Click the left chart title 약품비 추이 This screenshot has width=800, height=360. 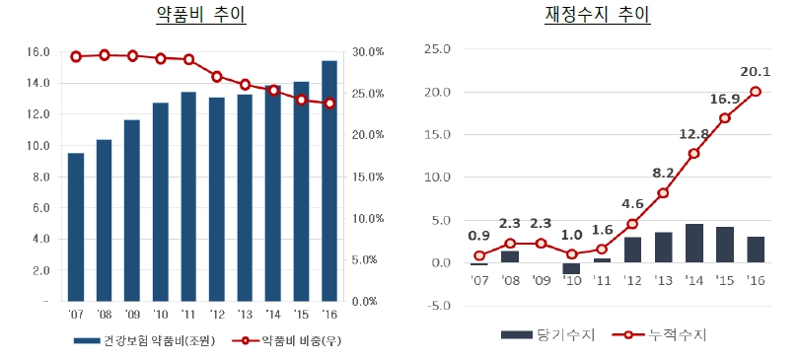tap(201, 15)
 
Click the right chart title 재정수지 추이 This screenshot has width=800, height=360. tap(597, 15)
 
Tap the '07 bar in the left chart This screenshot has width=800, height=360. tap(75, 227)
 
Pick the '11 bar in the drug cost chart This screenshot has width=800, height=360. tap(188, 196)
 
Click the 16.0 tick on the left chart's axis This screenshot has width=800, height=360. tap(36, 51)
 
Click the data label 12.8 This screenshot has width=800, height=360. tap(693, 133)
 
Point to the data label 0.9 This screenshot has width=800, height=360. tap(478, 235)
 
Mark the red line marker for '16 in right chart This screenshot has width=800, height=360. tap(756, 92)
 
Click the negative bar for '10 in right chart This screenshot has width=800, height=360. tap(571, 268)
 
